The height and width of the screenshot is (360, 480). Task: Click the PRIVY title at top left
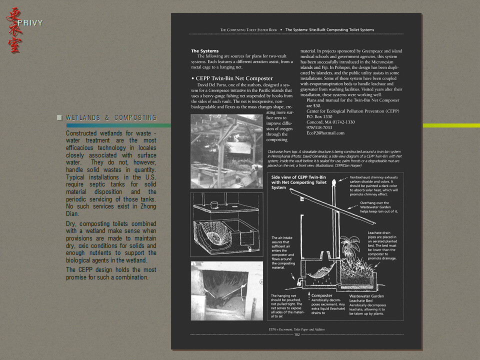(30, 23)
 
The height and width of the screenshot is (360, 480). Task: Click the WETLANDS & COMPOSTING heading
(111, 118)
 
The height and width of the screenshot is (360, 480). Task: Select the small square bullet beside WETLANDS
(59, 118)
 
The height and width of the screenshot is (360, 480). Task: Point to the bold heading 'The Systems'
(204, 51)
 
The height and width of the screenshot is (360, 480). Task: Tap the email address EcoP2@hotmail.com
(325, 133)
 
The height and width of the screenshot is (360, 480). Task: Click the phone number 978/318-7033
(319, 127)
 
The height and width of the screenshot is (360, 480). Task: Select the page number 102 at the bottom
(296, 335)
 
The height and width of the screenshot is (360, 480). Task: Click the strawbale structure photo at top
(226, 151)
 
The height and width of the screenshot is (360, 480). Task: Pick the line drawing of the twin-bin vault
(226, 224)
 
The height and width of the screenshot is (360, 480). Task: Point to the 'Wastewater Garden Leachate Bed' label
(367, 298)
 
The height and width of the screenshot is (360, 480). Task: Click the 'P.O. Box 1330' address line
(319, 116)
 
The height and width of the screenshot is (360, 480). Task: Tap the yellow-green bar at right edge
(451, 125)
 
